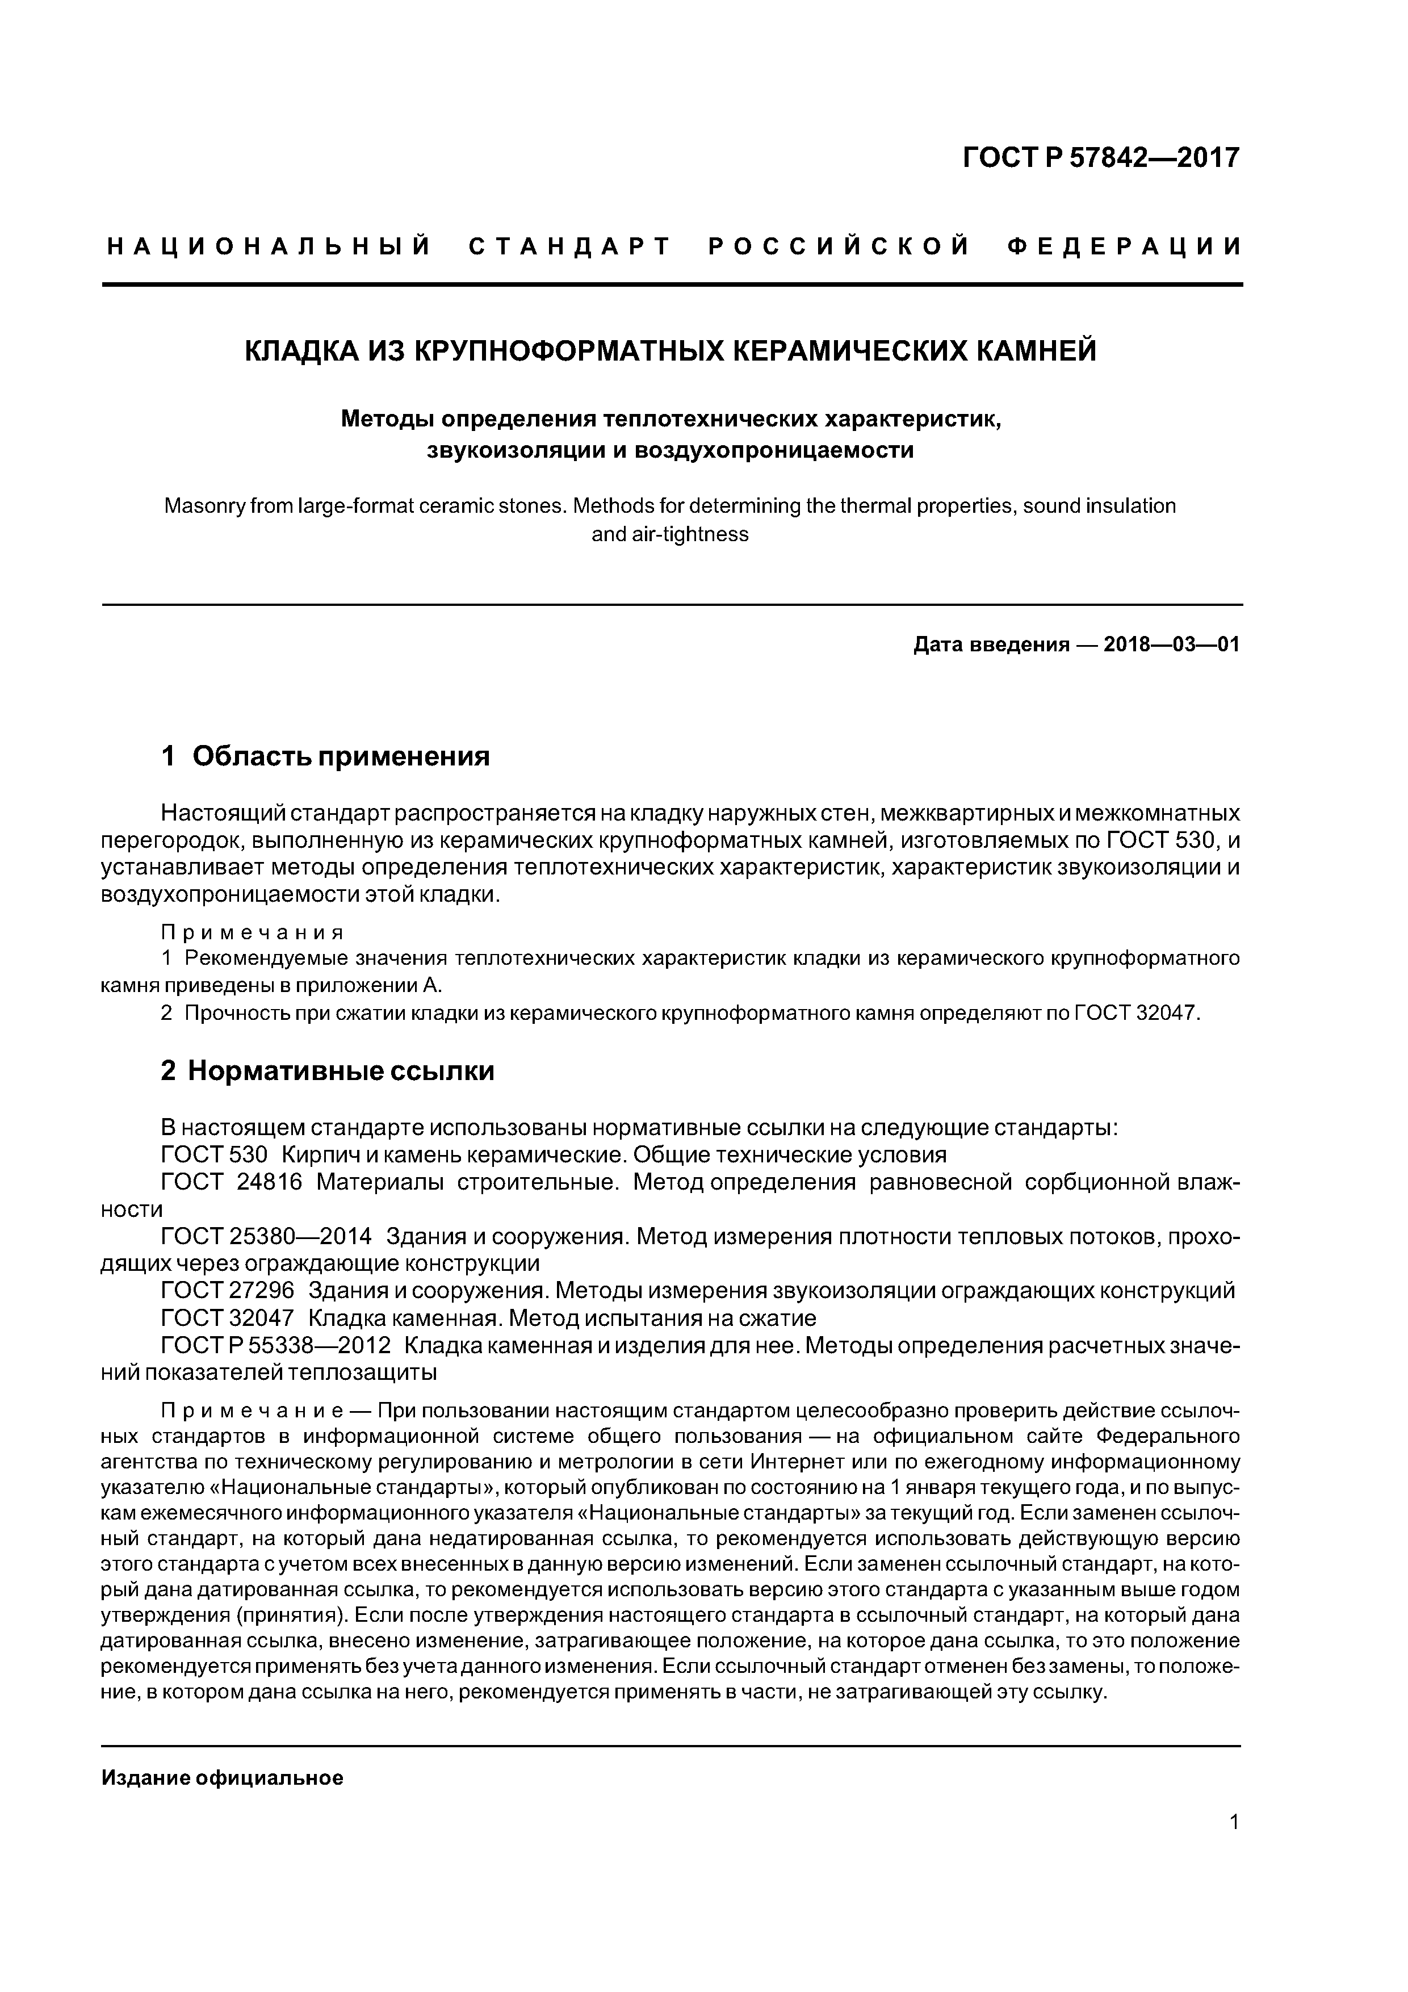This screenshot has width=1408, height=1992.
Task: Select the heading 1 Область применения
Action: click(325, 756)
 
